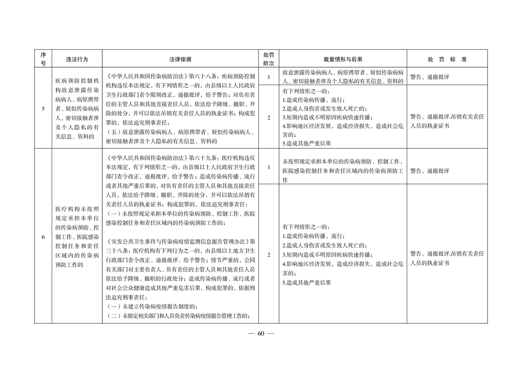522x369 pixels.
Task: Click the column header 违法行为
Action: pyautogui.click(x=77, y=60)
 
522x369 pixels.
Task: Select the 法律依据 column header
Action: pyautogui.click(x=181, y=60)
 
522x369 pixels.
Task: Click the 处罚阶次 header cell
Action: pyautogui.click(x=268, y=60)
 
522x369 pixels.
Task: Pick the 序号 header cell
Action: pyautogui.click(x=43, y=60)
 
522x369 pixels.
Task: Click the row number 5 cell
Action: pyautogui.click(x=43, y=109)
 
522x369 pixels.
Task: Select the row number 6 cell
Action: pyautogui.click(x=43, y=237)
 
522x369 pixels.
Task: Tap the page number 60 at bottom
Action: pyautogui.click(x=261, y=334)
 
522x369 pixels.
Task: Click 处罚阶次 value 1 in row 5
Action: pyautogui.click(x=268, y=77)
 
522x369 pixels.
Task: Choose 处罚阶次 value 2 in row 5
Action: pyautogui.click(x=268, y=117)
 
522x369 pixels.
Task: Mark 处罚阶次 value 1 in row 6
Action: pyautogui.click(x=268, y=167)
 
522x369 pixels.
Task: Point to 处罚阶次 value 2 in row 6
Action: pyautogui.click(x=268, y=255)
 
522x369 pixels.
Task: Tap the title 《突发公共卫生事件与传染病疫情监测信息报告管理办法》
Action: pyautogui.click(x=178, y=242)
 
